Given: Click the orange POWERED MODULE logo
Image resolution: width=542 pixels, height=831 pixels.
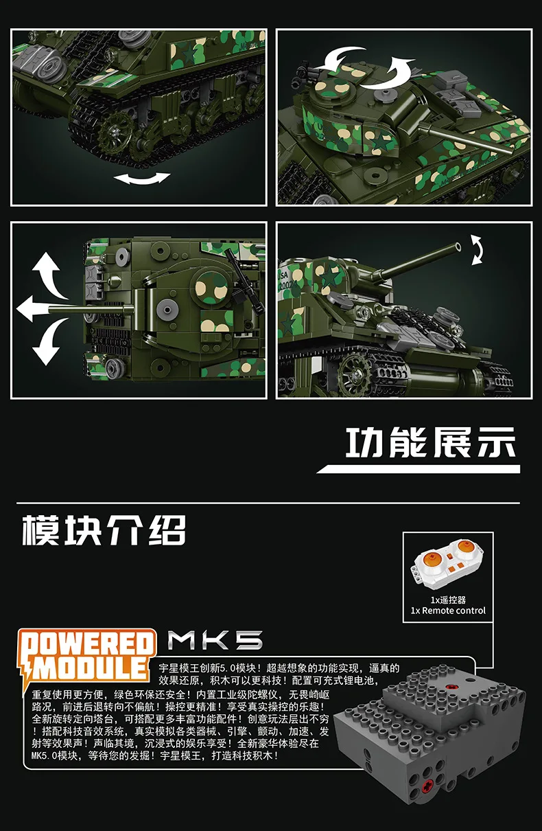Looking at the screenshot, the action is pyautogui.click(x=88, y=657).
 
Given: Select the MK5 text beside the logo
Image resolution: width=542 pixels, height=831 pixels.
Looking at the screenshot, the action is pyautogui.click(x=215, y=641).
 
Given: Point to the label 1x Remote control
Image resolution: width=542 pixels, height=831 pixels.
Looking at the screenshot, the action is pyautogui.click(x=447, y=611).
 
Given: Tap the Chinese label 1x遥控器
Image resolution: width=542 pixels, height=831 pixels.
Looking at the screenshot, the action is pyautogui.click(x=447, y=600).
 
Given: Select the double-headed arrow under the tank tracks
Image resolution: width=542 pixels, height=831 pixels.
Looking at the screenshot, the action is pyautogui.click(x=141, y=179).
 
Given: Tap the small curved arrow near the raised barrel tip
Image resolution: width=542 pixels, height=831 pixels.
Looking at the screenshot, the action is pyautogui.click(x=477, y=249).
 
